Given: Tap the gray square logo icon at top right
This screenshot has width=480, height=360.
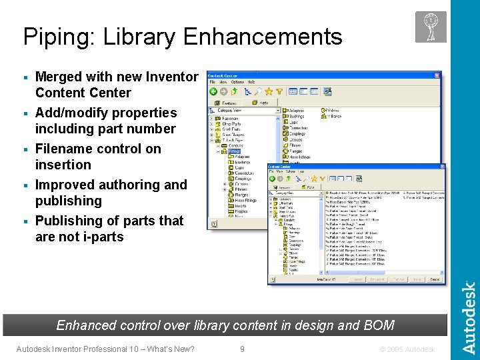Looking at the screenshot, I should pos(431,27).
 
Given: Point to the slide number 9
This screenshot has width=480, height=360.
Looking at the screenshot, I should pos(242,349).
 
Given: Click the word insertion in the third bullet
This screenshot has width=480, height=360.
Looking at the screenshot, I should pos(63,165).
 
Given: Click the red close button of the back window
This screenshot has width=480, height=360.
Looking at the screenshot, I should pos(435,75).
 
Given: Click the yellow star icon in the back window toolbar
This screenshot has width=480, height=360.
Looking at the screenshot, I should pos(269,91).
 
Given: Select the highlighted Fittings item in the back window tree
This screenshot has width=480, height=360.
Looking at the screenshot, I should pos(234,151).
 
